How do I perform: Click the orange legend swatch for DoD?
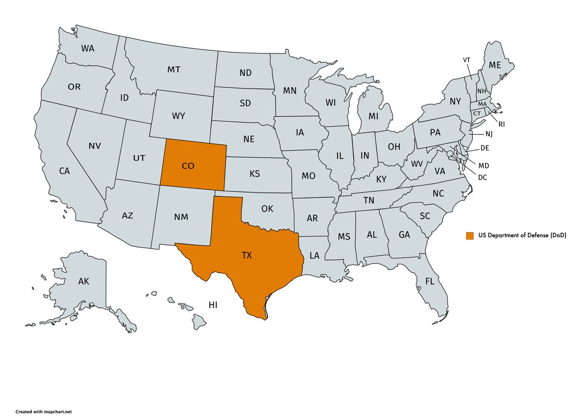470,236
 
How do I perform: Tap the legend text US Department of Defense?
521,236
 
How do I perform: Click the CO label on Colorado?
188,166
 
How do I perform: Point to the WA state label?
88,49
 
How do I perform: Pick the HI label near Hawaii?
213,305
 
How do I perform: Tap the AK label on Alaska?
84,282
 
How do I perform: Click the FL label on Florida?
430,282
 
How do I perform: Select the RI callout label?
501,125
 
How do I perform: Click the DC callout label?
483,177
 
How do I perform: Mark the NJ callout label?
489,134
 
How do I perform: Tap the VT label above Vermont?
467,60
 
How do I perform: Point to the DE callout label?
485,148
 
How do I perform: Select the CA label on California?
64,171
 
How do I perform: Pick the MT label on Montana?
173,70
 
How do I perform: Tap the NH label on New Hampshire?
482,91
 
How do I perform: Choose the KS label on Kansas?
254,174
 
